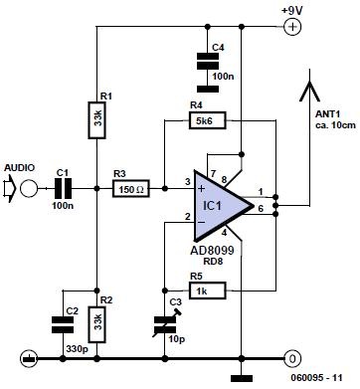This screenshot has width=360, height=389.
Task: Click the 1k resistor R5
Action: tap(209, 290)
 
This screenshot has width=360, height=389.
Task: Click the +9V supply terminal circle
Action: tap(293, 28)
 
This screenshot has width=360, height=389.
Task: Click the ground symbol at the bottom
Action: tap(242, 375)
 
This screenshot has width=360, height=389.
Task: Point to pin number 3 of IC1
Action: tap(187, 180)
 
